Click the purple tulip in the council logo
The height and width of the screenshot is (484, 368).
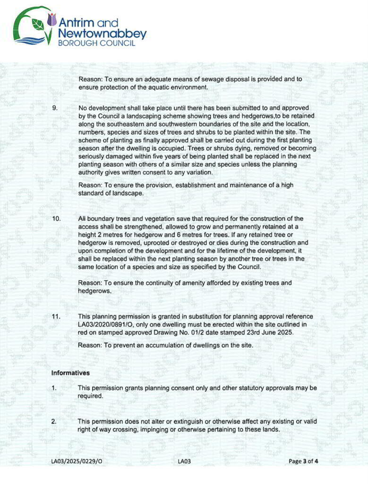pyautogui.click(x=52, y=19)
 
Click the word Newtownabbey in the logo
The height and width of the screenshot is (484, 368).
pyautogui.click(x=102, y=34)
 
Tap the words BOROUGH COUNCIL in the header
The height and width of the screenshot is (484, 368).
pyautogui.click(x=96, y=43)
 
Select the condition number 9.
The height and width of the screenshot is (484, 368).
pyautogui.click(x=55, y=108)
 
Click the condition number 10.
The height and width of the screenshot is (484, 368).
pyautogui.click(x=56, y=219)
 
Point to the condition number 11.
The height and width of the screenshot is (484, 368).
pyautogui.click(x=56, y=316)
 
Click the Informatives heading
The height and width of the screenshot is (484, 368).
pyautogui.click(x=70, y=373)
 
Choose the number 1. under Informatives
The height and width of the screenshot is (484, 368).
pyautogui.click(x=54, y=388)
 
